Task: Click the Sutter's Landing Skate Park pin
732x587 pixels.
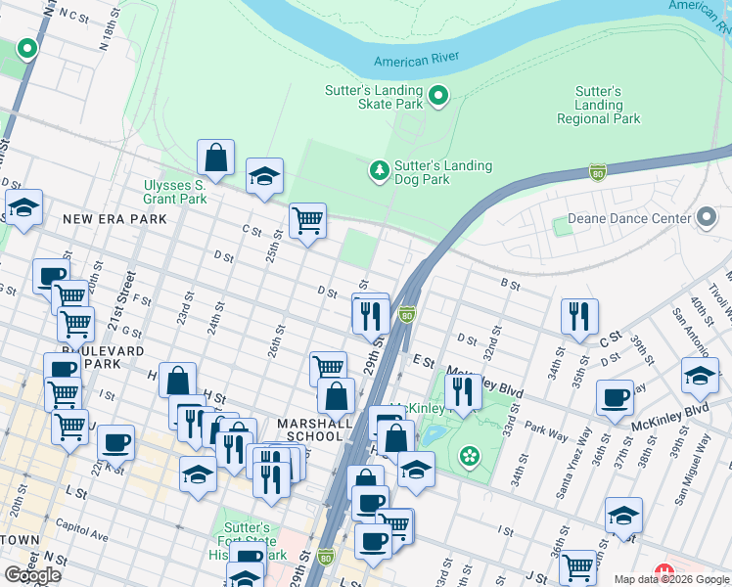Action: [438, 96]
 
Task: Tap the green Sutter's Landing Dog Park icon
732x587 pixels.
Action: [379, 172]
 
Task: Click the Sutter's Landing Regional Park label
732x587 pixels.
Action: [599, 106]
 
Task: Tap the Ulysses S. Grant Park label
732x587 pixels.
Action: [175, 191]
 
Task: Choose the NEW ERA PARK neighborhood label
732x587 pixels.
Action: [114, 219]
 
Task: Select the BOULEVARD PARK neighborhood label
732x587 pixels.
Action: [104, 357]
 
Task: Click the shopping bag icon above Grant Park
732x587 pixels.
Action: [215, 157]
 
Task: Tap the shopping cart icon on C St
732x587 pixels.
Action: [307, 220]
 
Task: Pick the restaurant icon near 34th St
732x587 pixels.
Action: [579, 316]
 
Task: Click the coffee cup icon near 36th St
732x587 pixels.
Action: [615, 397]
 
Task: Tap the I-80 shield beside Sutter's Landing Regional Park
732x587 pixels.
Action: [598, 172]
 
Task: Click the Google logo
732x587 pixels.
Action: [32, 575]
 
